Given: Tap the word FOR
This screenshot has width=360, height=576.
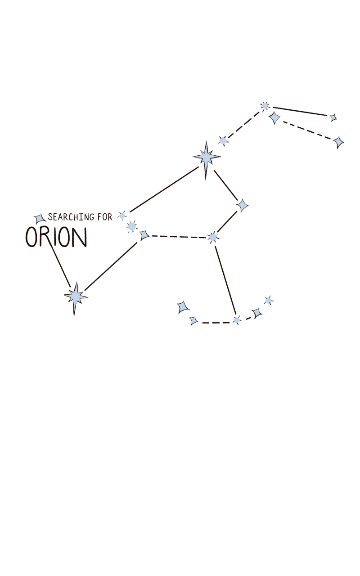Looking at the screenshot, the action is pyautogui.click(x=105, y=217).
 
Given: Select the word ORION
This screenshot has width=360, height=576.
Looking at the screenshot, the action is pyautogui.click(x=56, y=237).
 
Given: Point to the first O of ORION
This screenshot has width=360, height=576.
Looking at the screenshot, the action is pyautogui.click(x=31, y=237).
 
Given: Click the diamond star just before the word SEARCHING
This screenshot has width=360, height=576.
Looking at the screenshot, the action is pyautogui.click(x=40, y=219).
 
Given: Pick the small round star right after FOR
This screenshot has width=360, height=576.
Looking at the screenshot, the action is pyautogui.click(x=122, y=216).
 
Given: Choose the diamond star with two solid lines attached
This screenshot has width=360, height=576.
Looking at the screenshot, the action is pyautogui.click(x=242, y=206).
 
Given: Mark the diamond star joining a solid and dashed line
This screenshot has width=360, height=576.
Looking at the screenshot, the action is pyautogui.click(x=144, y=235).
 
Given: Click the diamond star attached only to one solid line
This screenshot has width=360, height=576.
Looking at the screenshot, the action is pyautogui.click(x=333, y=117).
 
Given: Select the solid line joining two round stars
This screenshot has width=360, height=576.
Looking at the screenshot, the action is pyautogui.click(x=225, y=280).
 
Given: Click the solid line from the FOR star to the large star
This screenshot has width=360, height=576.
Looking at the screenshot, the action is pyautogui.click(x=164, y=189).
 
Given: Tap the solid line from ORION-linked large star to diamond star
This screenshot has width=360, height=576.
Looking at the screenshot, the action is pyautogui.click(x=111, y=266).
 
